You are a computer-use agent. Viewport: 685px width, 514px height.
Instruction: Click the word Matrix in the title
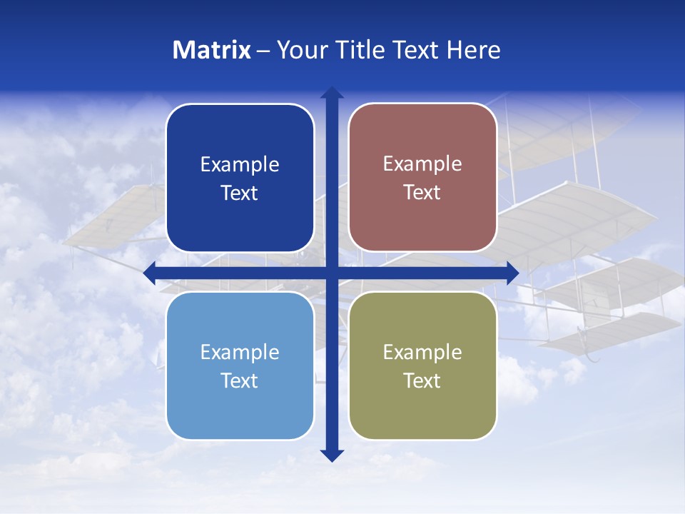point(212,50)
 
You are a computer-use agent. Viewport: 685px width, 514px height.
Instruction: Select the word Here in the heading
point(473,50)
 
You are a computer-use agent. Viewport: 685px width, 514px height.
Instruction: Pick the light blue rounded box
point(240,407)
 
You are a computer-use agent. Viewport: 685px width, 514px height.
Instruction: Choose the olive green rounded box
point(422,407)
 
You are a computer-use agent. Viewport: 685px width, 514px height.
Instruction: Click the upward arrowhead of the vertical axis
point(332,93)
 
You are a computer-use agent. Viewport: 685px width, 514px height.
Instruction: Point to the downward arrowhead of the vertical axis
point(332,455)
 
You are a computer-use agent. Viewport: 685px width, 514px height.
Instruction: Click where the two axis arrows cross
point(332,273)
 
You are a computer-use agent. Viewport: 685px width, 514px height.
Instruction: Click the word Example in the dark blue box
point(240,165)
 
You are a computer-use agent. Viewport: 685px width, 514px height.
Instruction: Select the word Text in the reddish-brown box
point(422,193)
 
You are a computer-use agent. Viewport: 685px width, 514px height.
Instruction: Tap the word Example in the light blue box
point(240,353)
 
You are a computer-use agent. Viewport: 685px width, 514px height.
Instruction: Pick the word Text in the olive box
point(422,381)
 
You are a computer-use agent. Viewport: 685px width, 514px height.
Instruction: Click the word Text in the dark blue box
point(240,193)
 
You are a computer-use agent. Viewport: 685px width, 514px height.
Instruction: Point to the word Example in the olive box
point(422,353)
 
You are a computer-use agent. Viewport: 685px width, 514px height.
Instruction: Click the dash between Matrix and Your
point(263,51)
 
